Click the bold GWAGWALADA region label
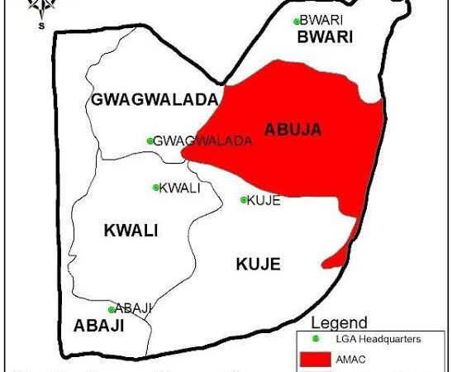tap(154, 100)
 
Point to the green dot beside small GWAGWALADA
tap(150, 141)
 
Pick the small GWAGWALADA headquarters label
tap(202, 141)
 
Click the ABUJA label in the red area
tap(293, 129)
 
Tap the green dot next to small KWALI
tap(155, 188)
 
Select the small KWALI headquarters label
tap(179, 188)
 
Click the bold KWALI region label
tap(131, 231)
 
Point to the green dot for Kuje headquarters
tap(243, 199)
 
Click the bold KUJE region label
tap(258, 265)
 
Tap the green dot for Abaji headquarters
tap(112, 310)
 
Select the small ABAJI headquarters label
tap(135, 309)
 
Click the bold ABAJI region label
tap(98, 326)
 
